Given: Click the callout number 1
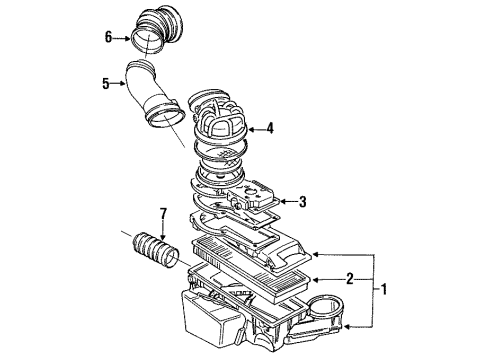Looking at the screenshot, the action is (384, 289).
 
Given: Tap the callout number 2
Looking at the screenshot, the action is (350, 279).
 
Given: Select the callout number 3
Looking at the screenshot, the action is (302, 201).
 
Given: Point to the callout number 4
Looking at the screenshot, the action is (270, 128).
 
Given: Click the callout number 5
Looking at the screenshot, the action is (106, 83).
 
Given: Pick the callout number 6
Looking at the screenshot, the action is (108, 37).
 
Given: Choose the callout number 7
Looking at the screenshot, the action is (163, 214).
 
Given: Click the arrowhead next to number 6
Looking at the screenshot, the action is (127, 38).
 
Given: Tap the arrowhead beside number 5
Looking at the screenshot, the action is (123, 83).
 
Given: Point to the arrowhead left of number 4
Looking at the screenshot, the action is (252, 129).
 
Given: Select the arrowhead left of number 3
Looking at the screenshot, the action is (283, 201).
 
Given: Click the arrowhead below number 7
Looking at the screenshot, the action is (163, 236).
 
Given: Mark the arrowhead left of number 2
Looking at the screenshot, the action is (316, 279).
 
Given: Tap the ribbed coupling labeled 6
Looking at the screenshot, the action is (157, 30).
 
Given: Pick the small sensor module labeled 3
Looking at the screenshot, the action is (252, 197).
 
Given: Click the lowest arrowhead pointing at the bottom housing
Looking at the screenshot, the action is (347, 327).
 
